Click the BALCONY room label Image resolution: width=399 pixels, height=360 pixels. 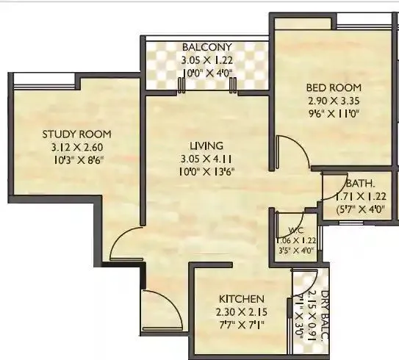click(x=206, y=48)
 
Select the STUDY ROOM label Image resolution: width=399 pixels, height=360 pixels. click(x=76, y=134)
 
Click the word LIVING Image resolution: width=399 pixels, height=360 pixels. click(x=206, y=145)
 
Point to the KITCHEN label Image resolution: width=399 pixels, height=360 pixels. click(x=240, y=299)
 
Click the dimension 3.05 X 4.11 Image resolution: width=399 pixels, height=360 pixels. click(x=206, y=159)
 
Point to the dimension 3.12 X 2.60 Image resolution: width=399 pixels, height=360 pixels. click(x=76, y=147)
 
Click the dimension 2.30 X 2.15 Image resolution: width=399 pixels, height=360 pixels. click(x=241, y=312)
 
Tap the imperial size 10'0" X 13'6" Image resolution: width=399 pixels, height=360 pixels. click(x=206, y=171)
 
